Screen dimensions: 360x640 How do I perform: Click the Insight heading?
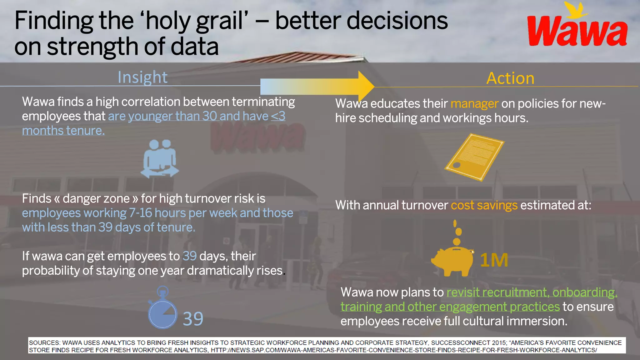tap(142, 77)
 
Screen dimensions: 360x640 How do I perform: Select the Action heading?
tap(510, 78)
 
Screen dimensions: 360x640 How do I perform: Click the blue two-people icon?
tap(160, 159)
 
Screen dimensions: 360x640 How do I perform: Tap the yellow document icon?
tap(474, 157)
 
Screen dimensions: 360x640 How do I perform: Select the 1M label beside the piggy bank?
tap(494, 260)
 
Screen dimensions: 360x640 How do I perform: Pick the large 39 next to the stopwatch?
tap(193, 319)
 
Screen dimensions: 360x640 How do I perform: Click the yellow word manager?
tap(474, 103)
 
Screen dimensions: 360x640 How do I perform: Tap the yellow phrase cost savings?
tap(484, 205)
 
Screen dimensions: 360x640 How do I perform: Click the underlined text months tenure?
tap(63, 131)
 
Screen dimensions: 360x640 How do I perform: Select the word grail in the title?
tap(219, 21)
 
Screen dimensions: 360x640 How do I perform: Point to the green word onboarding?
tap(584, 292)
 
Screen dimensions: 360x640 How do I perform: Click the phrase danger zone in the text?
tap(96, 199)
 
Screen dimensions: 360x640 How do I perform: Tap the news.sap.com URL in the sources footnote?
tap(403, 350)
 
